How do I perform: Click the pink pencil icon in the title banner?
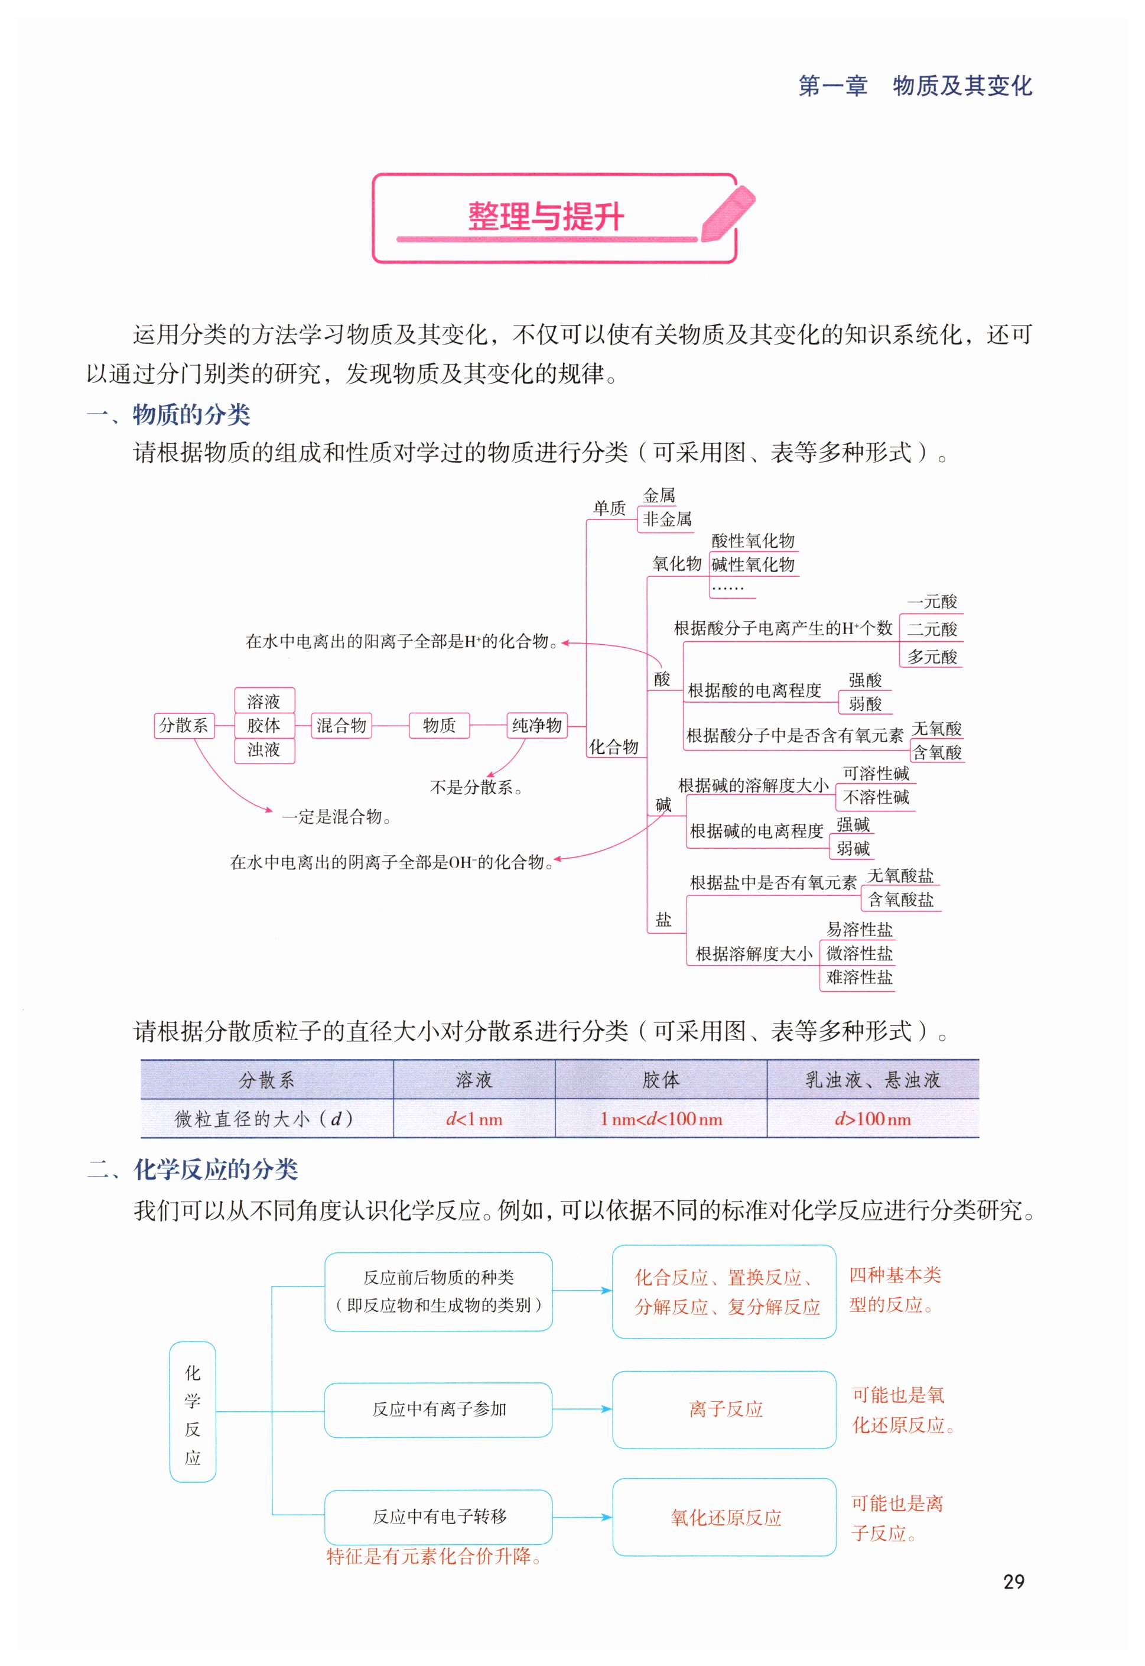(x=727, y=213)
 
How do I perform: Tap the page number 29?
(x=1013, y=1581)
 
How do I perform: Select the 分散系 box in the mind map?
(x=184, y=725)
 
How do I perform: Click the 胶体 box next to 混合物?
(x=264, y=725)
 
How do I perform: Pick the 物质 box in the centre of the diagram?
(x=439, y=725)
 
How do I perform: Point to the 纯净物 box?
(x=536, y=725)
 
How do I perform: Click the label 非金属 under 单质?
(x=666, y=519)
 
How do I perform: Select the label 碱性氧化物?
(x=753, y=564)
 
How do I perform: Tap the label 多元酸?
(x=931, y=657)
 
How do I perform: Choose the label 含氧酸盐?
(x=900, y=899)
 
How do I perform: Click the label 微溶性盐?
(x=859, y=953)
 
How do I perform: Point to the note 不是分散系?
(x=476, y=787)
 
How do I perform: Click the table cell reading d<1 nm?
(x=474, y=1119)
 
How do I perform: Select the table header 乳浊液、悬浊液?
(x=873, y=1080)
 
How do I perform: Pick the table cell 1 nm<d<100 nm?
(x=661, y=1119)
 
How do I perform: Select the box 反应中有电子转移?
(x=438, y=1516)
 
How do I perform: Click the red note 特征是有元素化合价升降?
(x=433, y=1555)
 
